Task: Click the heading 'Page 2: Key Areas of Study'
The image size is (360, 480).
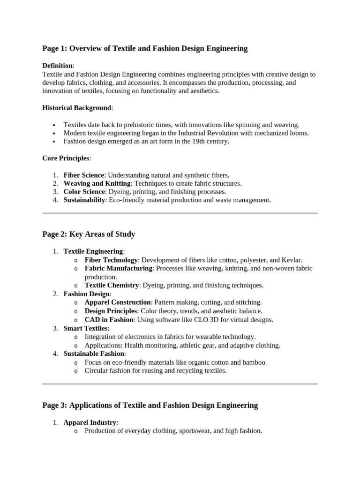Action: pyautogui.click(x=89, y=234)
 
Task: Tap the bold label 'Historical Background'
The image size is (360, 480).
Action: pyautogui.click(x=76, y=108)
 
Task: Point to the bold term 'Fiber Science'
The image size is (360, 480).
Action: pyautogui.click(x=83, y=175)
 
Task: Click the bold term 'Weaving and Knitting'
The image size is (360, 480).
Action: pyautogui.click(x=97, y=184)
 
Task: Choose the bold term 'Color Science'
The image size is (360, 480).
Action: pyautogui.click(x=84, y=192)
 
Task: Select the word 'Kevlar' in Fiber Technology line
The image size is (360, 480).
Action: pyautogui.click(x=291, y=260)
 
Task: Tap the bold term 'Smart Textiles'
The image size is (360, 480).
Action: pyautogui.click(x=85, y=328)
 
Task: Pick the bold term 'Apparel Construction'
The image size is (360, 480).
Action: pyautogui.click(x=118, y=302)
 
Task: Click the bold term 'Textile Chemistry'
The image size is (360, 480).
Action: pyautogui.click(x=112, y=285)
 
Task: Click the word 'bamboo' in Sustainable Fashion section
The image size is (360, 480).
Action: pyautogui.click(x=255, y=362)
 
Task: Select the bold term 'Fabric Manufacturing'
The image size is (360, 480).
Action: pyautogui.click(x=119, y=268)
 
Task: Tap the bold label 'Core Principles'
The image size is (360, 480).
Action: pyautogui.click(x=66, y=158)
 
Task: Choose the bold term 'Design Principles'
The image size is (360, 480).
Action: pyautogui.click(x=111, y=311)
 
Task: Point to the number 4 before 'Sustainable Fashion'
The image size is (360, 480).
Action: pyautogui.click(x=55, y=354)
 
